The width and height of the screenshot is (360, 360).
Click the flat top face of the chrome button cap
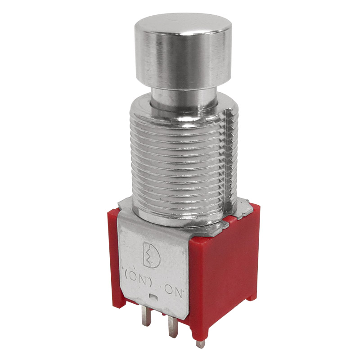coord(183,23)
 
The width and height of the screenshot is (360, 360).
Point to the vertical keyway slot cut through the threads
coord(229,161)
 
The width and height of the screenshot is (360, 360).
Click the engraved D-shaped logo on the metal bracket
coord(152,255)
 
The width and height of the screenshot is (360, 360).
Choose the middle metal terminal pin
coord(173,326)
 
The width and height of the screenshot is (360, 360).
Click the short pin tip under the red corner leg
coord(200,344)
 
